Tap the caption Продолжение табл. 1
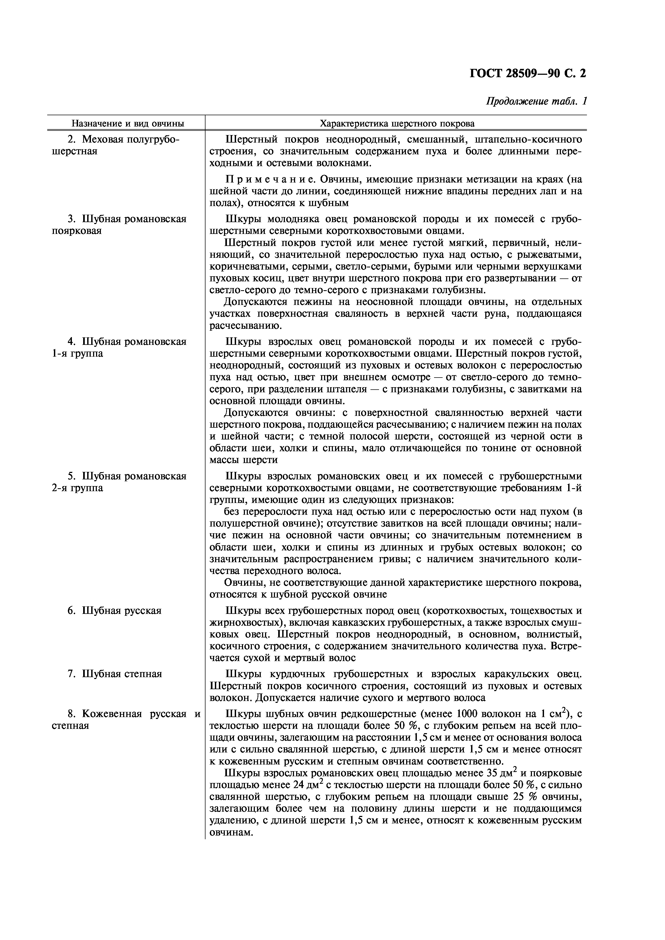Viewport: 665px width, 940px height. point(536,101)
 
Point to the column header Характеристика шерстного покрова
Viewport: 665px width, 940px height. point(397,123)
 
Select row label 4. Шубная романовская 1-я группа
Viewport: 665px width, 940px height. point(119,347)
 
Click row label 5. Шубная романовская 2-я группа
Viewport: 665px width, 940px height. point(119,482)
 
